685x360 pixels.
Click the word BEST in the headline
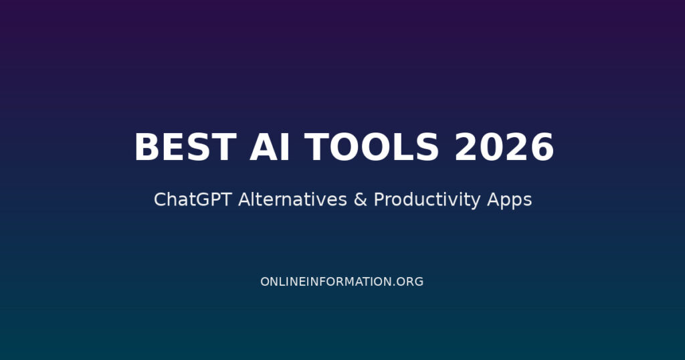pyautogui.click(x=185, y=147)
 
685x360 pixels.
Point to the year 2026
pyautogui.click(x=504, y=147)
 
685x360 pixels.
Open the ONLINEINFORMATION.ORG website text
pyautogui.click(x=342, y=282)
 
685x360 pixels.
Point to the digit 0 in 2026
pyautogui.click(x=492, y=147)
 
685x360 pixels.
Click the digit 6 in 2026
pyautogui.click(x=542, y=147)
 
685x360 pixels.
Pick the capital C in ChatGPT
pyautogui.click(x=160, y=199)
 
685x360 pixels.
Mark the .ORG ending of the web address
pyautogui.click(x=409, y=282)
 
